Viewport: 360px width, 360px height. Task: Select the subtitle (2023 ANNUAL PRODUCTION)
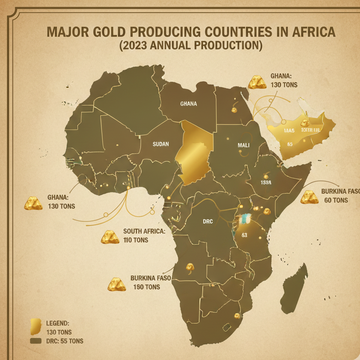click(190, 45)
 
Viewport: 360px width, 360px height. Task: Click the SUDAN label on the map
click(161, 144)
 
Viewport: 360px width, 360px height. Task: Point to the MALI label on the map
click(243, 145)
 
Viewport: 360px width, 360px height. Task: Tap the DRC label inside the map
click(208, 221)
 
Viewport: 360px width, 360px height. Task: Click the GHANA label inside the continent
click(188, 104)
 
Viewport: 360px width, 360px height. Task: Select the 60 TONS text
click(336, 200)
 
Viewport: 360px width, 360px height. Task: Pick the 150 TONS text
click(146, 287)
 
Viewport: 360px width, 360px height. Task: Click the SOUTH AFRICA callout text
click(144, 231)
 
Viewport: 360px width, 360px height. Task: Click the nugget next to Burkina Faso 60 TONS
click(309, 197)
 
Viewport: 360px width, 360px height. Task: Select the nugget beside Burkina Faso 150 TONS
click(117, 284)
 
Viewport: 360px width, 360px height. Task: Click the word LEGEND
click(57, 323)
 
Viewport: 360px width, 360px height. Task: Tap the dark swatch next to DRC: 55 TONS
click(35, 341)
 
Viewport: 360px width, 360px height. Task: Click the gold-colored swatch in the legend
click(35, 326)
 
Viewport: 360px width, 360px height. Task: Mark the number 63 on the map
click(244, 235)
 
